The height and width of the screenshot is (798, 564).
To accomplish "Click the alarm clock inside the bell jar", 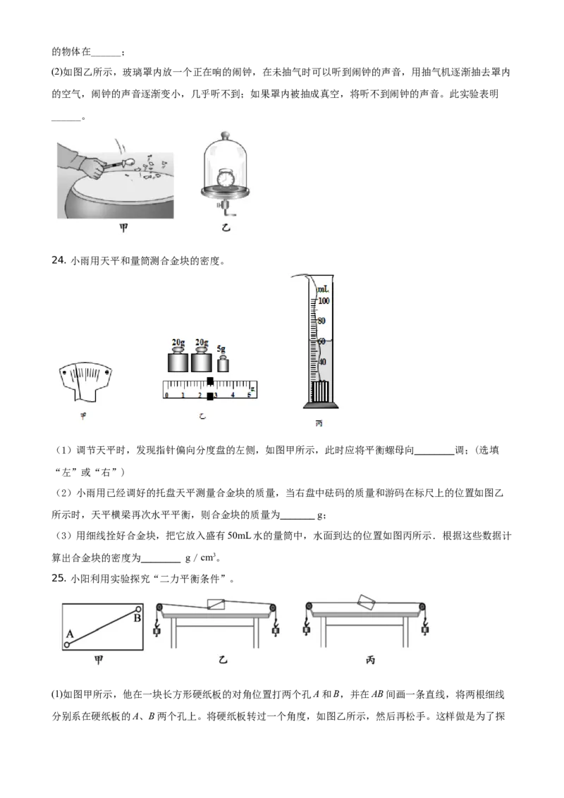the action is point(226,178).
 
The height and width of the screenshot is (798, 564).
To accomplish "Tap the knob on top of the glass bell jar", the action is point(224,135).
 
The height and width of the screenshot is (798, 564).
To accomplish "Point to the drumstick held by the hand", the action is point(122,164).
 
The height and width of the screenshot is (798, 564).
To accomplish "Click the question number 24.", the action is point(59,261).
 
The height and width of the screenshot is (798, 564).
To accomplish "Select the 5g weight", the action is point(223,363).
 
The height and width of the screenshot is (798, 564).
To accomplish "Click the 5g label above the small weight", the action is point(221,350).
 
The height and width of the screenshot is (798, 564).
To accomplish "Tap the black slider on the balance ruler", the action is point(210,389).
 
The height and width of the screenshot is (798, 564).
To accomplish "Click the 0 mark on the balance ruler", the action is point(166,395).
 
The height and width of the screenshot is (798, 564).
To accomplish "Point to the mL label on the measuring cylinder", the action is point(323,290).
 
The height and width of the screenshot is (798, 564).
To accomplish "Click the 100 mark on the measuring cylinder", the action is point(324,301).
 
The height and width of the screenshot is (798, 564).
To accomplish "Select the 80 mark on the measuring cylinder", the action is point(321,321).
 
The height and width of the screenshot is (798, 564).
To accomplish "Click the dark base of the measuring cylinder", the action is point(321,405).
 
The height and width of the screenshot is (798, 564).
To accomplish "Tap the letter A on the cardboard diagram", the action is point(70,634).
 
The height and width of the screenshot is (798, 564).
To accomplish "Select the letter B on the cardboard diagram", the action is point(137,618).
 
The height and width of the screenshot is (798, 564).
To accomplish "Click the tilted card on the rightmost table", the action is point(367,601).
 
